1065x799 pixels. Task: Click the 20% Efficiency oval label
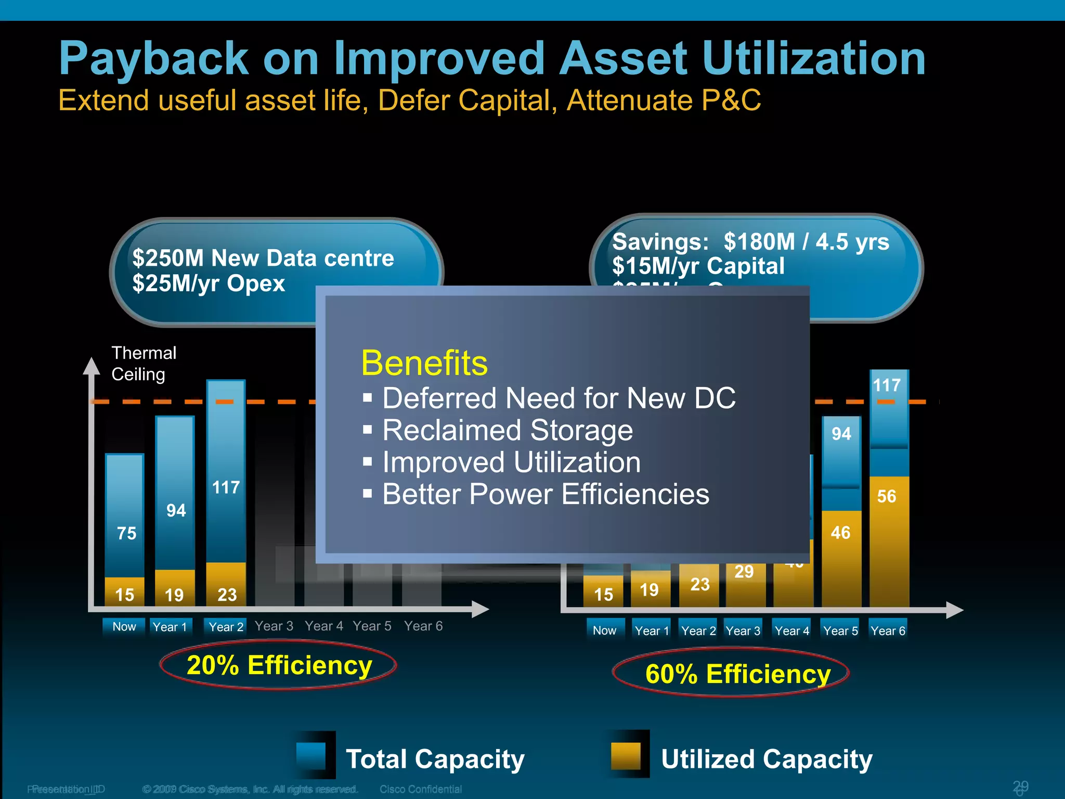[x=279, y=665]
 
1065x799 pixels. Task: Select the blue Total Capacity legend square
[x=311, y=756]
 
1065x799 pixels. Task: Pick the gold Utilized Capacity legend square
[x=626, y=756]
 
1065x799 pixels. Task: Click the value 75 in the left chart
[x=126, y=533]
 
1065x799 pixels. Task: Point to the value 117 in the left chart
[x=226, y=487]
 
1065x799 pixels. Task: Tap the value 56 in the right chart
[x=887, y=496]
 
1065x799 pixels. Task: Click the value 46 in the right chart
[x=840, y=533]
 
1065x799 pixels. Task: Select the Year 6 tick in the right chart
[x=888, y=631]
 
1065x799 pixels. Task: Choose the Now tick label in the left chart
[x=124, y=627]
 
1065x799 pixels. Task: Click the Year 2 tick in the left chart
[x=226, y=627]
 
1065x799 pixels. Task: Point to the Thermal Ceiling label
[x=144, y=364]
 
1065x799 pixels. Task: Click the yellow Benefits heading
[x=424, y=363]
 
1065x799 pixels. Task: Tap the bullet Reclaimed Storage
[x=508, y=430]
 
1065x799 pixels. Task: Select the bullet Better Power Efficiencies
[x=546, y=494]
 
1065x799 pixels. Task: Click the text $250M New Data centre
[x=263, y=258]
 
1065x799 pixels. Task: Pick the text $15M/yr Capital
[x=698, y=266]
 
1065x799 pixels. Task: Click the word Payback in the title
[x=154, y=58]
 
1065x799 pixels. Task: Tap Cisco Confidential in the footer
[x=420, y=789]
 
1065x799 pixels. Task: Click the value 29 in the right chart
[x=744, y=572]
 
